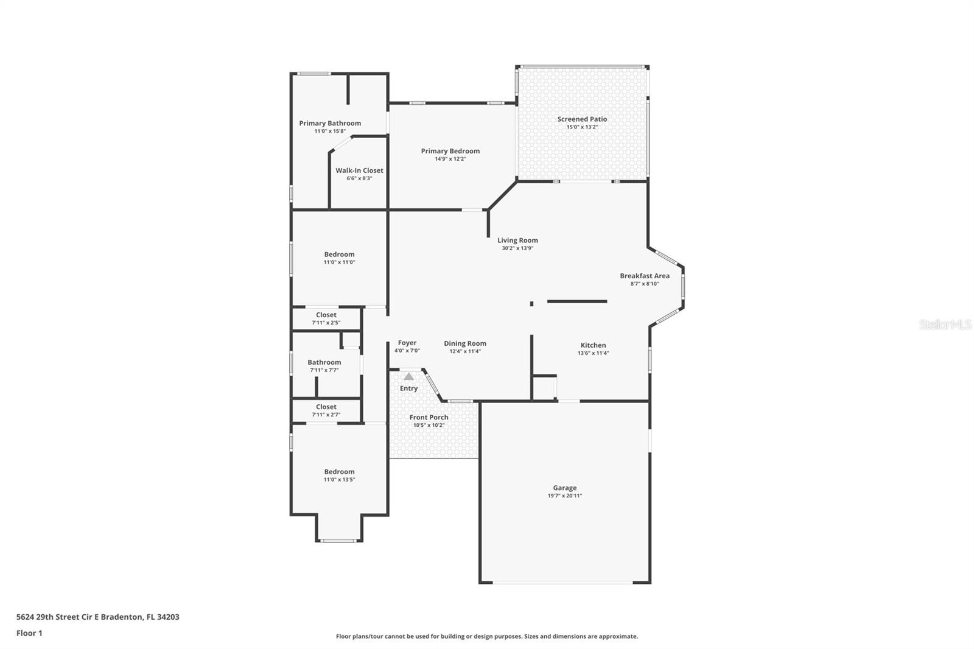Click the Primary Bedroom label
click(x=450, y=151)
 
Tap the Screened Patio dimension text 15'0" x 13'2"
click(x=582, y=127)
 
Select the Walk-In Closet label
click(x=359, y=170)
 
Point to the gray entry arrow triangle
click(x=409, y=377)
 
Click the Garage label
click(x=564, y=488)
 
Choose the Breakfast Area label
click(x=644, y=276)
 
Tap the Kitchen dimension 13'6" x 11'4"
click(x=592, y=353)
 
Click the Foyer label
click(x=407, y=343)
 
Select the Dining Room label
click(x=464, y=343)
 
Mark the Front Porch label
click(x=429, y=417)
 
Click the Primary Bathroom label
click(x=329, y=123)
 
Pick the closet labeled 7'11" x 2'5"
click(x=326, y=318)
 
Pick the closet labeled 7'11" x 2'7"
click(x=326, y=410)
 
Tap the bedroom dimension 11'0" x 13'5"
click(x=339, y=480)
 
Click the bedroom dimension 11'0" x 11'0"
click(x=339, y=262)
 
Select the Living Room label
click(x=517, y=240)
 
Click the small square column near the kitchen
click(x=531, y=303)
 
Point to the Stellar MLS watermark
click(x=945, y=325)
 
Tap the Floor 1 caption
click(x=29, y=633)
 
